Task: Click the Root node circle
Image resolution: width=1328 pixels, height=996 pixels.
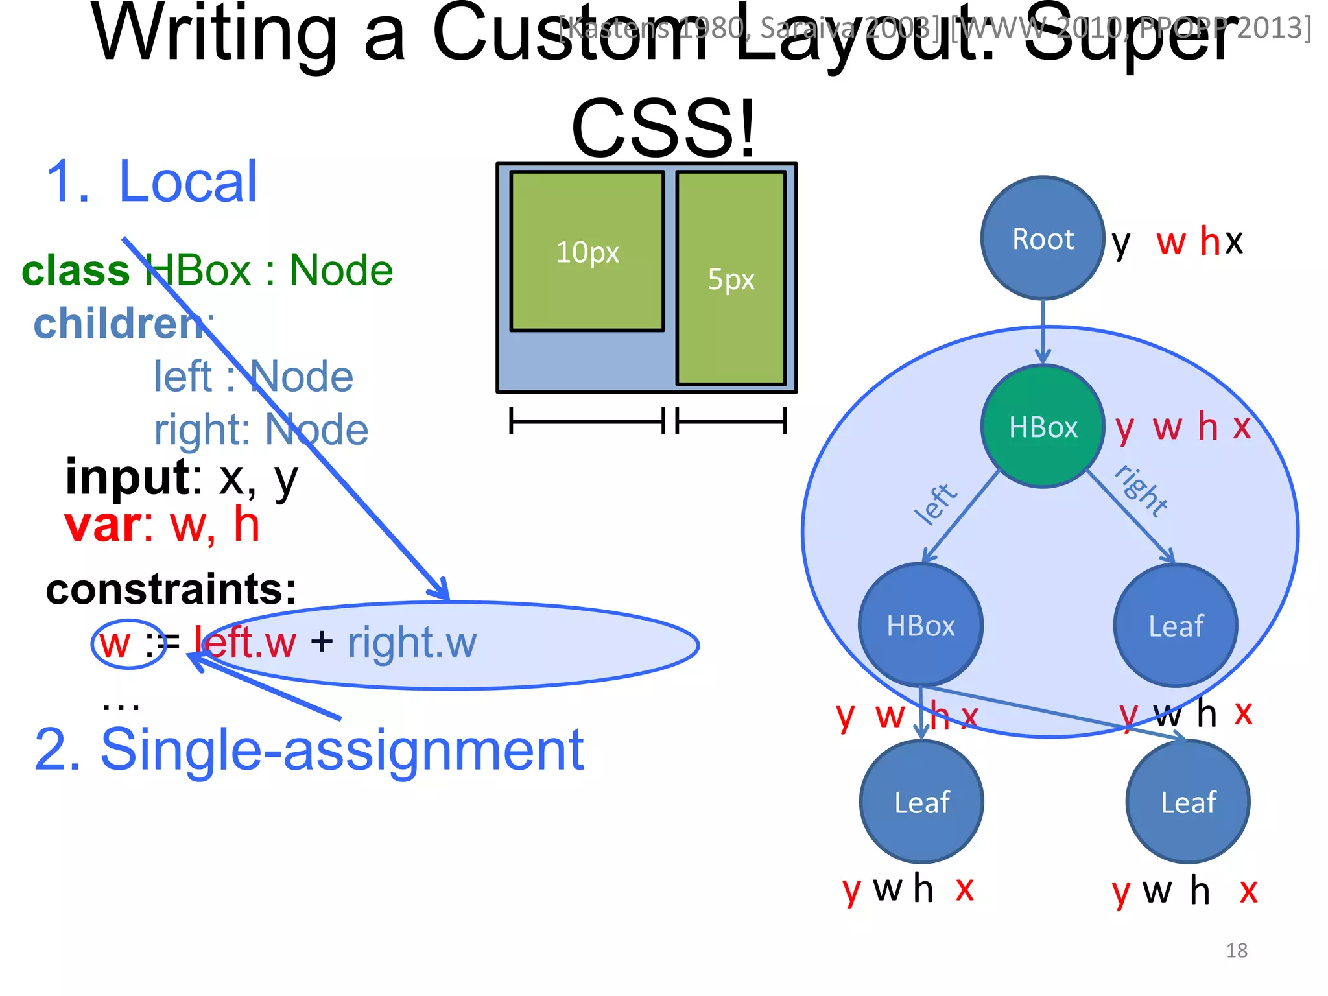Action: [1043, 239]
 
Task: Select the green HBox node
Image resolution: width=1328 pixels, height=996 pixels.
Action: [1043, 427]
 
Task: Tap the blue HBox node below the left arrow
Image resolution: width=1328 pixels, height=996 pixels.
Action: [921, 625]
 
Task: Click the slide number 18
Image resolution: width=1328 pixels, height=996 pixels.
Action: [1237, 951]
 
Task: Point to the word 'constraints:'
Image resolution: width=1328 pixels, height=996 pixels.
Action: [171, 589]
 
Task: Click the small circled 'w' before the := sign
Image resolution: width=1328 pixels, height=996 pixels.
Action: [115, 644]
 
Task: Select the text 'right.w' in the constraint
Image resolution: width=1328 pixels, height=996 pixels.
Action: [412, 643]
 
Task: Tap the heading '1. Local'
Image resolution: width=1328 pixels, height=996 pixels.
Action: [152, 182]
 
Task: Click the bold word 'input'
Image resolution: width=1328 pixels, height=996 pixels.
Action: [127, 477]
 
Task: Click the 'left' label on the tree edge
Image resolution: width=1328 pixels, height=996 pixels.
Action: [935, 504]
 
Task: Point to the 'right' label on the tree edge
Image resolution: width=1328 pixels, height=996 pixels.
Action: [1141, 490]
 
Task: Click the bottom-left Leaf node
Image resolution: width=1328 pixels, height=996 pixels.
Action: [921, 802]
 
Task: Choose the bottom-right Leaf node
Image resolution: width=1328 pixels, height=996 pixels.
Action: [1188, 802]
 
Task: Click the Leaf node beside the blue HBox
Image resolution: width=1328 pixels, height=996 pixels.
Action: [1176, 626]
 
